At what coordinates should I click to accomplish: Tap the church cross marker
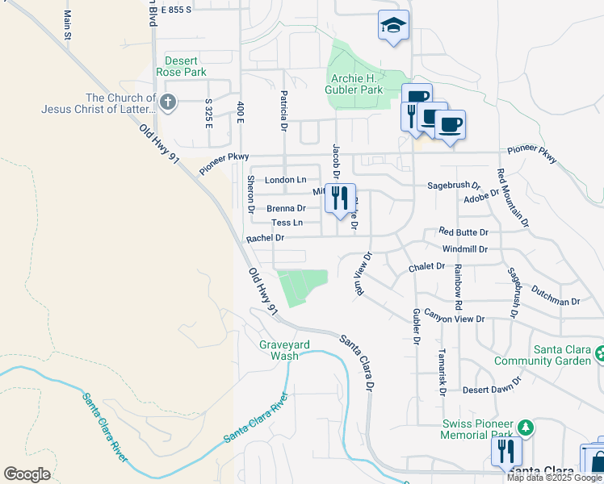pos(167,102)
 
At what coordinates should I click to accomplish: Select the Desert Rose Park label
pos(185,66)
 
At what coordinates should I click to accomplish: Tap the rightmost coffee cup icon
pos(450,125)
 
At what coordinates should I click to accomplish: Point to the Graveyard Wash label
pos(284,350)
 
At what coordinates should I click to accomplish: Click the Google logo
pos(27,474)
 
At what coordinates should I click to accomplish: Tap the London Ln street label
pos(287,180)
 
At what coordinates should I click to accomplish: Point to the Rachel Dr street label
pos(266,238)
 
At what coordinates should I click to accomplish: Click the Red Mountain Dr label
pos(513,197)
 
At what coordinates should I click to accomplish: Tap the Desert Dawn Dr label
pos(492,390)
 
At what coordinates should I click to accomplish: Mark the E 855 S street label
pos(176,10)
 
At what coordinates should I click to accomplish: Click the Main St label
pos(67,24)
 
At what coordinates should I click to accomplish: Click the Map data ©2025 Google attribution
pos(553,478)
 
